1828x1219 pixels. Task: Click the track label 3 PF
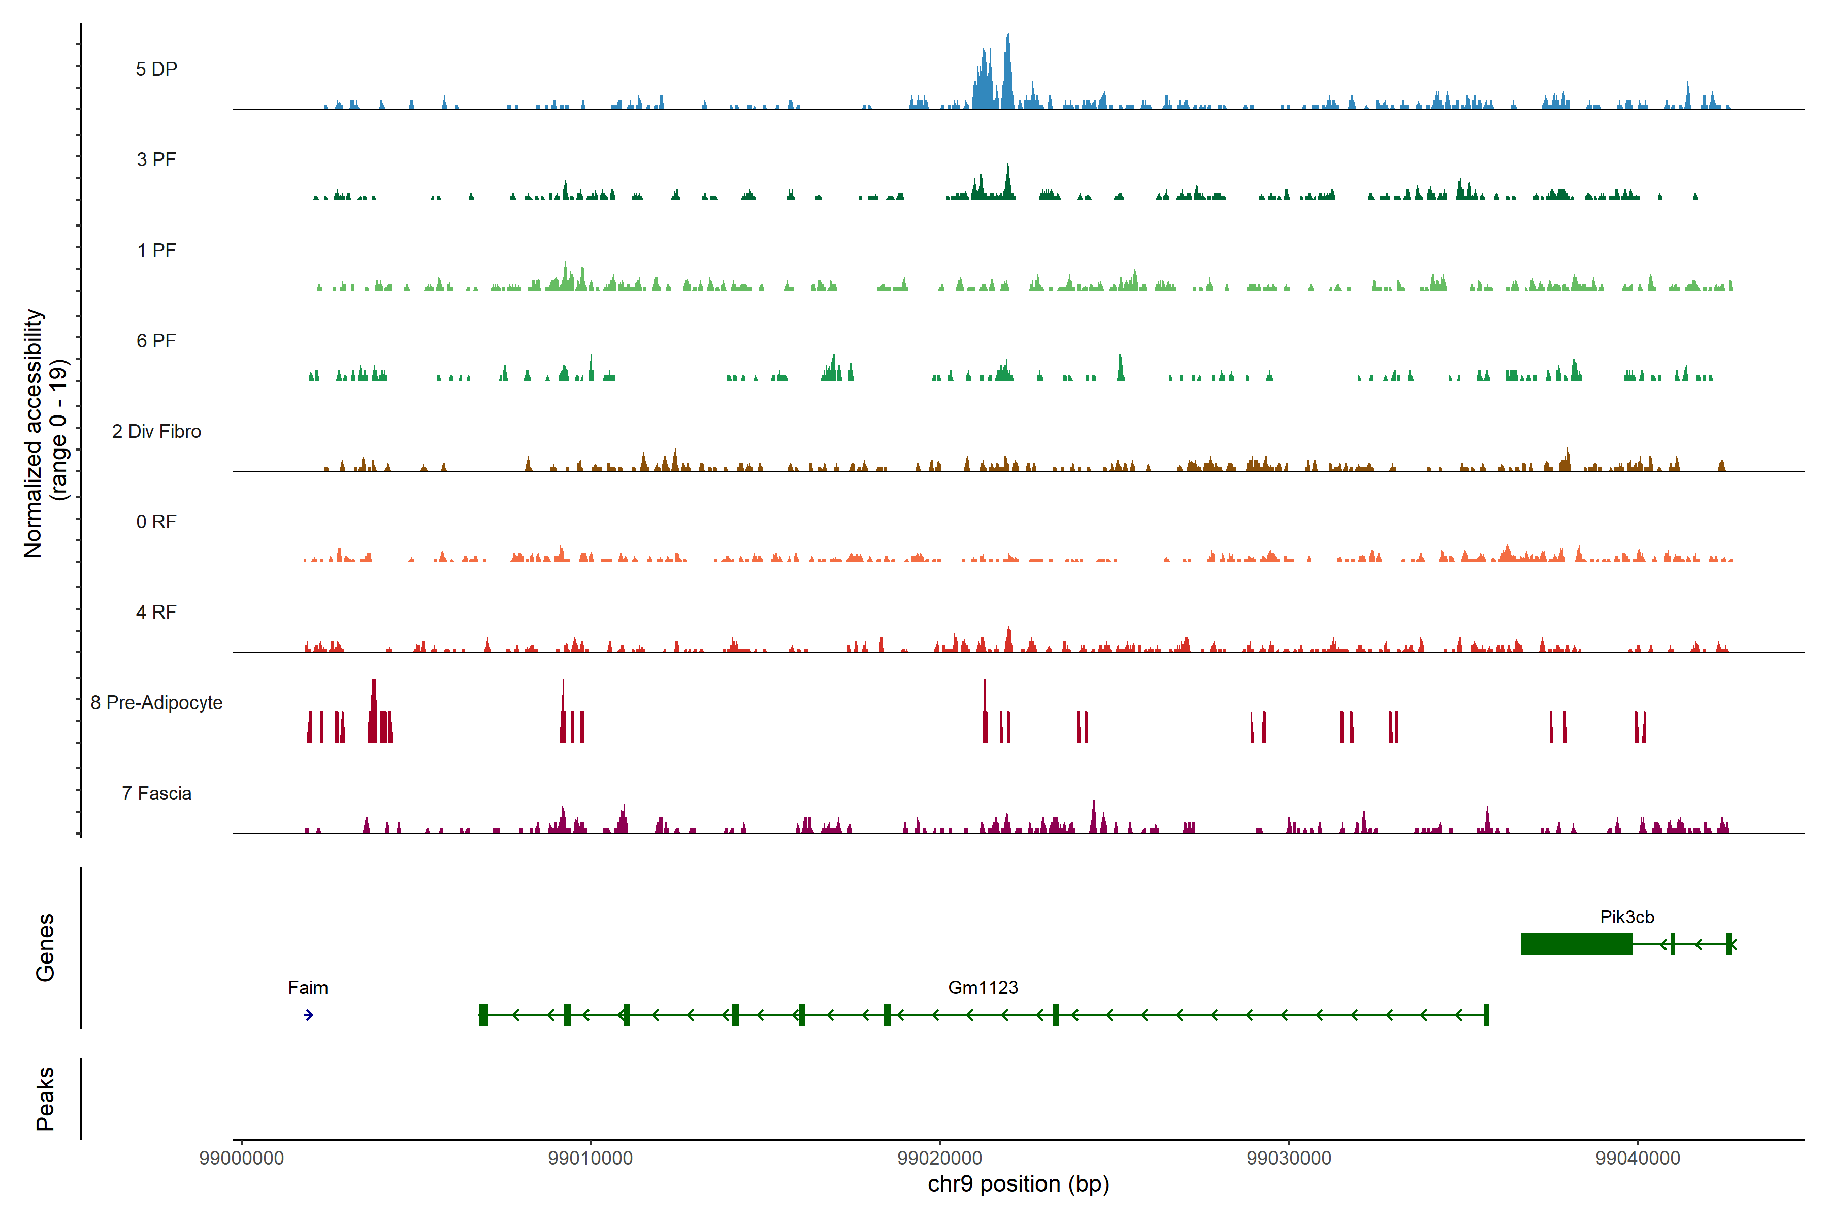pyautogui.click(x=156, y=159)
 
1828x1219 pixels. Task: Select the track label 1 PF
pyautogui.click(x=156, y=250)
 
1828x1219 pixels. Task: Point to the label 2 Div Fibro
pyautogui.click(x=156, y=431)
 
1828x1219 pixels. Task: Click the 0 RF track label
pyautogui.click(x=156, y=522)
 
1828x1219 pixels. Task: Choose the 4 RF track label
pyautogui.click(x=156, y=612)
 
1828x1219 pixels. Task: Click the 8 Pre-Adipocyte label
pyautogui.click(x=156, y=703)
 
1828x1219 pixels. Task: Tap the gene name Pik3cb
pyautogui.click(x=1627, y=917)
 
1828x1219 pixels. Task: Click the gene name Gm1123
pyautogui.click(x=983, y=988)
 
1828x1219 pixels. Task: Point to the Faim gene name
pyautogui.click(x=308, y=988)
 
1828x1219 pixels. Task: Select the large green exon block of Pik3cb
pyautogui.click(x=1576, y=944)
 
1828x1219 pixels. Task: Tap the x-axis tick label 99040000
pyautogui.click(x=1638, y=1159)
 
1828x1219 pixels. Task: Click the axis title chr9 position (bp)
pyautogui.click(x=1018, y=1184)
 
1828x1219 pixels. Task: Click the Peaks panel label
pyautogui.click(x=45, y=1099)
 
